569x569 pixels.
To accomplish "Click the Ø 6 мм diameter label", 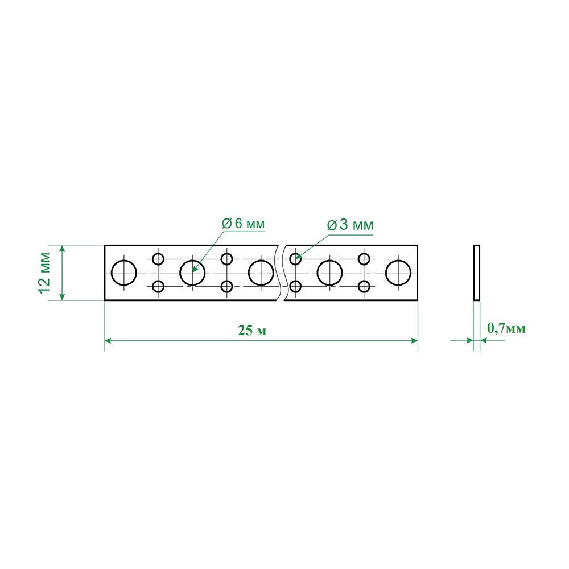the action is [x=243, y=224].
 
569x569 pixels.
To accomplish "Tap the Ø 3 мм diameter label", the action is [x=350, y=225].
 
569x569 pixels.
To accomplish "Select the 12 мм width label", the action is [x=44, y=273].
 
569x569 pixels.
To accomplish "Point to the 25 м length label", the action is [x=252, y=331].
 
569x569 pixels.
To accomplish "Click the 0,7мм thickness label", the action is [x=506, y=328].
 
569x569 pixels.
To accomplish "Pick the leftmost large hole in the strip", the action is [x=123, y=273].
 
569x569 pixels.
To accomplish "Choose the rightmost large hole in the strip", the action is [x=398, y=273].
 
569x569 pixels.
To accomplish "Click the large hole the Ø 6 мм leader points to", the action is [x=192, y=273].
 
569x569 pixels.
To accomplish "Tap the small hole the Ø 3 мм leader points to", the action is [x=295, y=259].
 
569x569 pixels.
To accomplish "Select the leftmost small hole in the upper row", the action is [x=158, y=259].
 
